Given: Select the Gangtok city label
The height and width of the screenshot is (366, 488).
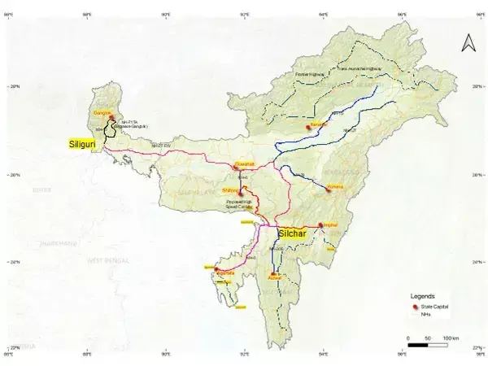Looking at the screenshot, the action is (x=102, y=112).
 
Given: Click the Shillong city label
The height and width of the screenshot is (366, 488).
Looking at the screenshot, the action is (x=230, y=189).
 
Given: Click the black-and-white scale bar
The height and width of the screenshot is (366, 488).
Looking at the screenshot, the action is (x=423, y=345).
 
